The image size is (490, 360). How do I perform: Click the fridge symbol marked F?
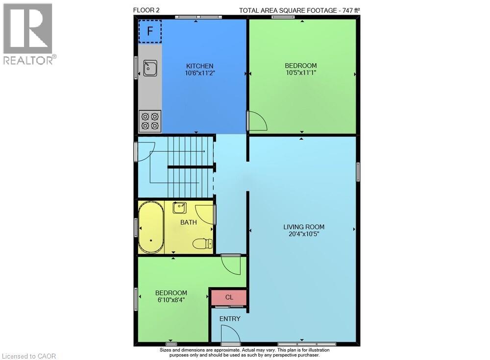pyautogui.click(x=150, y=31)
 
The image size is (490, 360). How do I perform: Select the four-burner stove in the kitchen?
pyautogui.click(x=150, y=121)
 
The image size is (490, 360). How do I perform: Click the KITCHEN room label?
pyautogui.click(x=199, y=66)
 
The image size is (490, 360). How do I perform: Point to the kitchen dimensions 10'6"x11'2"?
pyautogui.click(x=199, y=73)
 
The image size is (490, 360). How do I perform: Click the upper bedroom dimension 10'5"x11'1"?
pyautogui.click(x=301, y=72)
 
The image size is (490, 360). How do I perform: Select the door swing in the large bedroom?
pyautogui.click(x=256, y=121)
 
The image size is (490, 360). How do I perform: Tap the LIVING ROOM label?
pyautogui.click(x=304, y=227)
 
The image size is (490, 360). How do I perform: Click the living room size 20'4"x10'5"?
pyautogui.click(x=304, y=234)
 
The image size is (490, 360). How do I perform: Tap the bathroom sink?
pyautogui.click(x=179, y=208)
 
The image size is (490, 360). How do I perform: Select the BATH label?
pyautogui.click(x=189, y=222)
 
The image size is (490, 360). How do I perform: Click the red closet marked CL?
pyautogui.click(x=229, y=297)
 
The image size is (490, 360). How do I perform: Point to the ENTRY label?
pyautogui.click(x=230, y=319)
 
